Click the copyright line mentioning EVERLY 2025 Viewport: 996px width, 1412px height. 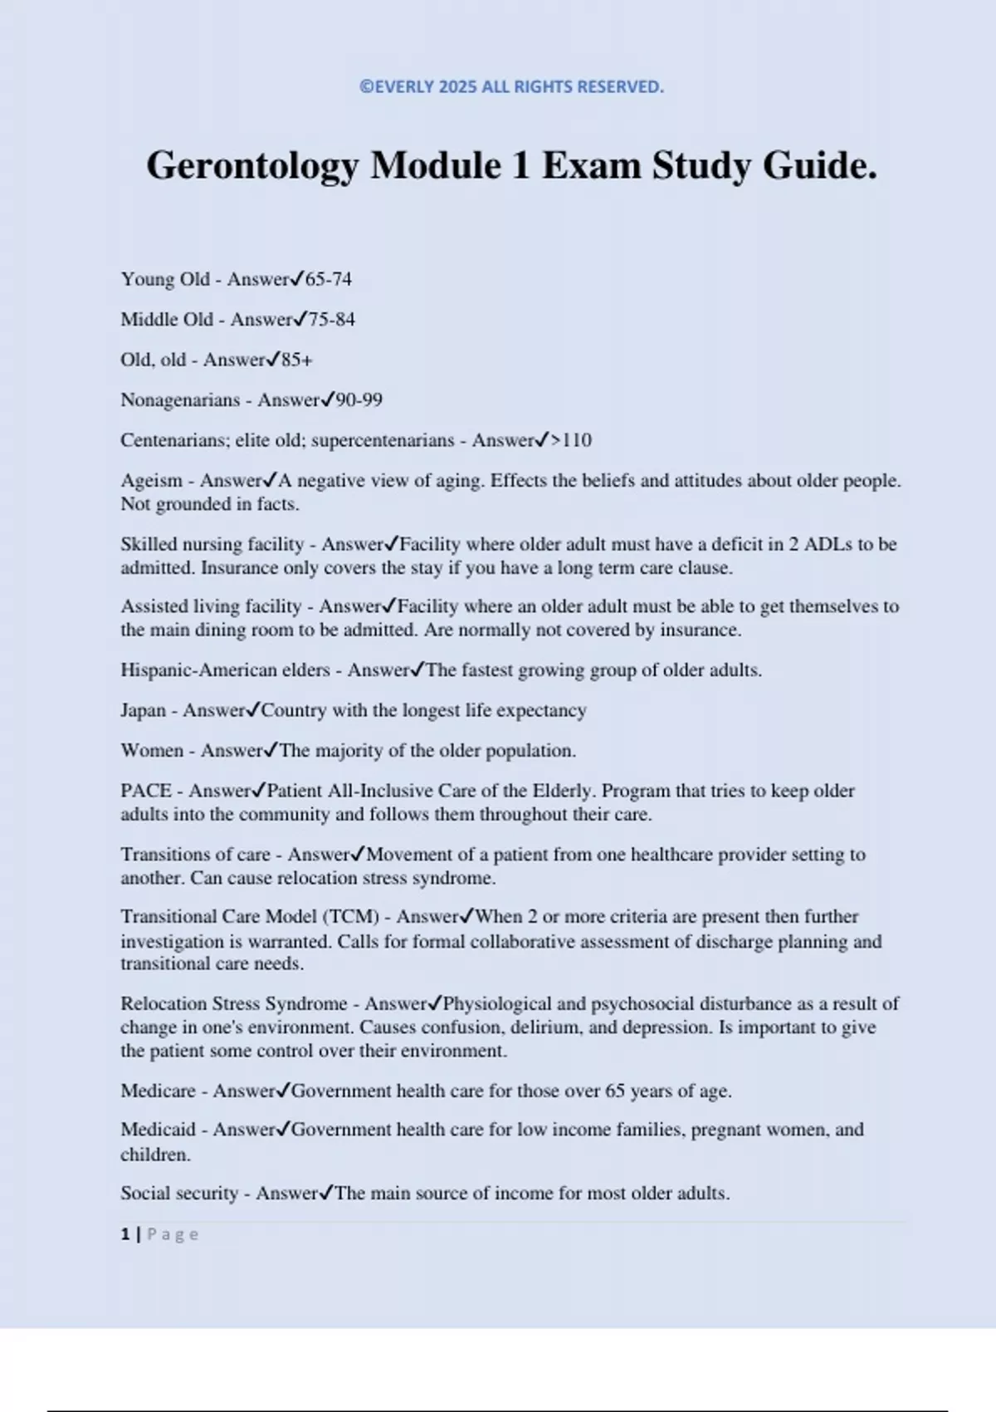pyautogui.click(x=511, y=87)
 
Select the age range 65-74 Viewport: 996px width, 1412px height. pyautogui.click(x=329, y=279)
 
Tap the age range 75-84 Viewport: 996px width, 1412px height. pyautogui.click(x=332, y=320)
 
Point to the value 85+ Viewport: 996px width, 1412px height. pyautogui.click(x=297, y=360)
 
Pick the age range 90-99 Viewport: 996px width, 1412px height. pyautogui.click(x=359, y=400)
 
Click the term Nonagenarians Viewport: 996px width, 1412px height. pyautogui.click(x=180, y=400)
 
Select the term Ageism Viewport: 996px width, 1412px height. pyautogui.click(x=151, y=481)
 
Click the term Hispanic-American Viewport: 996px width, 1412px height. pyautogui.click(x=198, y=670)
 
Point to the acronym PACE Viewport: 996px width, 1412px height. pyautogui.click(x=146, y=791)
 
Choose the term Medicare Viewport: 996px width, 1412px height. pyautogui.click(x=158, y=1091)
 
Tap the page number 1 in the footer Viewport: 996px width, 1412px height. pyautogui.click(x=125, y=1234)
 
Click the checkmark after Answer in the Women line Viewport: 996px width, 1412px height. pyautogui.click(x=271, y=750)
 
